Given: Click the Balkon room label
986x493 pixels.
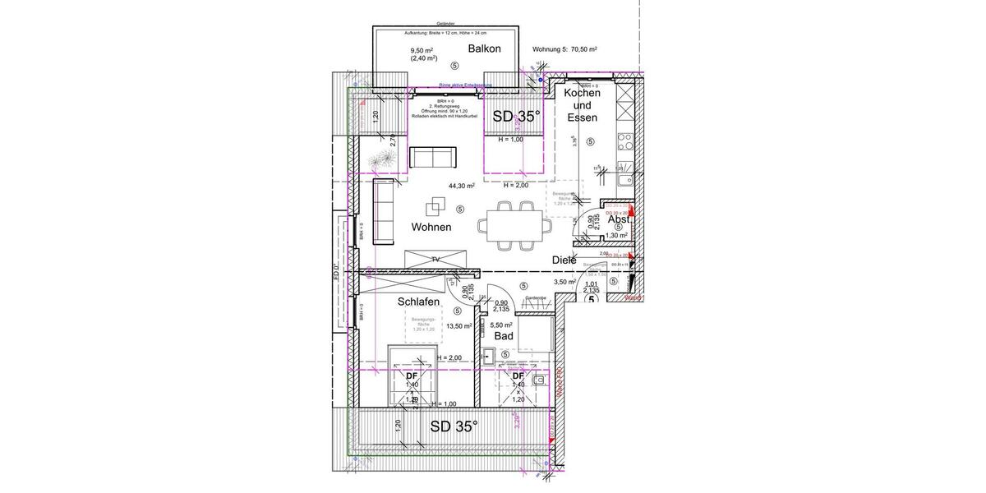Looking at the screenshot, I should tap(484, 49).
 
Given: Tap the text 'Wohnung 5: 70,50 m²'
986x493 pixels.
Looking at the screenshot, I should tap(564, 49).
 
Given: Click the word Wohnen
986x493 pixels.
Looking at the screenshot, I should tap(431, 227).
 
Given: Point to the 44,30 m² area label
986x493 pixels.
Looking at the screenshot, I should tap(461, 186).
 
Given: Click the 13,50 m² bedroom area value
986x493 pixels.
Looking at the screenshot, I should tap(458, 326).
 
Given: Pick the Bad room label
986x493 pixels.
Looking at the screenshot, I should tap(504, 336).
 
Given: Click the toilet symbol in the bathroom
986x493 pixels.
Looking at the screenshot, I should tap(538, 381).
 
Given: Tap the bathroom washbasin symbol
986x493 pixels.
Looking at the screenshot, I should tap(489, 357).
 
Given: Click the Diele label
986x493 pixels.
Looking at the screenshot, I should tap(564, 260).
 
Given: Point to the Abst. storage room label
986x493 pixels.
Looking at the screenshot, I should tap(619, 219).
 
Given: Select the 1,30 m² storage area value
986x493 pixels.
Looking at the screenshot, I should tap(616, 236).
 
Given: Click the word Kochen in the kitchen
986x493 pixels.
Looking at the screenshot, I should tap(582, 93).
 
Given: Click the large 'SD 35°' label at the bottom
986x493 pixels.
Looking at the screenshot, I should tap(454, 426).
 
